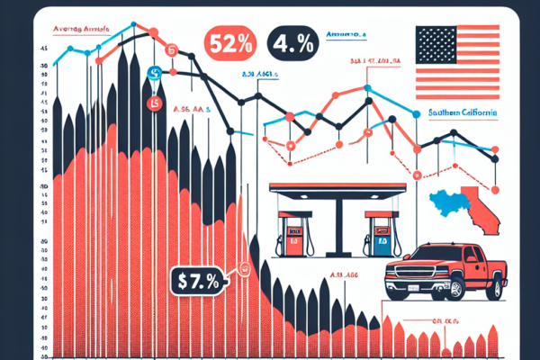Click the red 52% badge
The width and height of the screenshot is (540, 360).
233,40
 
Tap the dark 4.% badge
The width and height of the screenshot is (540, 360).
286,40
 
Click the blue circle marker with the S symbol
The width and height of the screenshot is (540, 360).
154,73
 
